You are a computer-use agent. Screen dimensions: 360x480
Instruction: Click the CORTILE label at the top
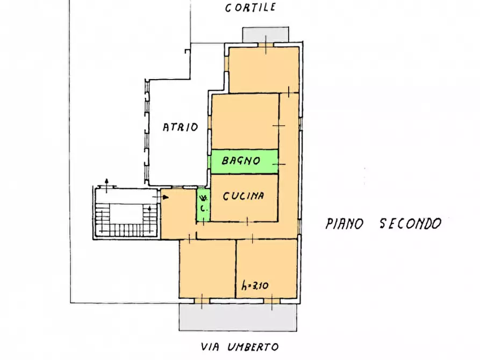(x=250, y=8)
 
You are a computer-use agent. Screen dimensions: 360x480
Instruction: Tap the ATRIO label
(x=181, y=127)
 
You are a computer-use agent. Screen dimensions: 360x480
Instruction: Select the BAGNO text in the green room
(x=242, y=160)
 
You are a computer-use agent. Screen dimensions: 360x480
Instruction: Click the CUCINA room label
(x=243, y=196)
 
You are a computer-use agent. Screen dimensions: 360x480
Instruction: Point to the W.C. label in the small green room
(x=203, y=204)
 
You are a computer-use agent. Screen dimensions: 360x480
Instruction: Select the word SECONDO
(x=411, y=224)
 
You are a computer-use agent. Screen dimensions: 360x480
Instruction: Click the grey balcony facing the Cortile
(x=266, y=35)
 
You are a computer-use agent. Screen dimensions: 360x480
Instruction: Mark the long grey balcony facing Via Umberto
(x=238, y=318)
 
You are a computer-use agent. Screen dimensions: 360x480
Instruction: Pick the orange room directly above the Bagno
(x=245, y=121)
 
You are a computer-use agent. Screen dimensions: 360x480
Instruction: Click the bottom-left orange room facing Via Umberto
(x=207, y=269)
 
